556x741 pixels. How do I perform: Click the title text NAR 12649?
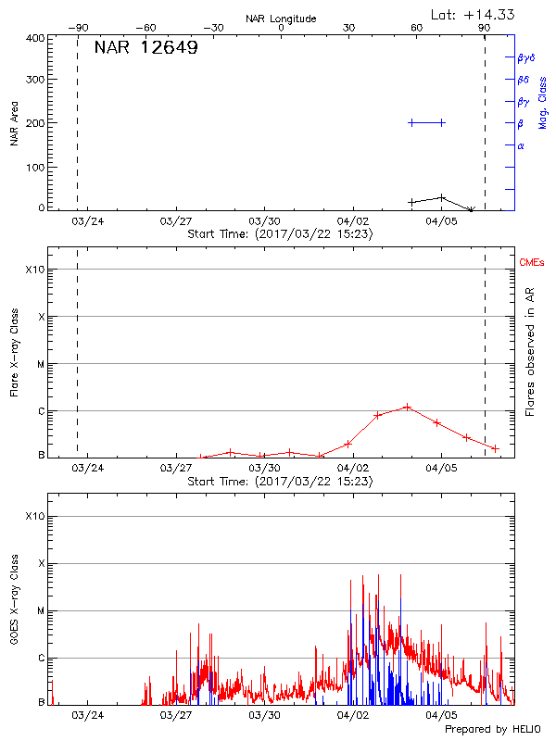click(145, 49)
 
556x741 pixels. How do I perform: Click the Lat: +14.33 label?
click(474, 14)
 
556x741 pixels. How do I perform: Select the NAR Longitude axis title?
click(281, 19)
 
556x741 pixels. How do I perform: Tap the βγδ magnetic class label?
click(525, 57)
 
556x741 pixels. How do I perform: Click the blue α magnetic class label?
click(521, 145)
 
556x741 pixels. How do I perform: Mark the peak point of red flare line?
click(407, 407)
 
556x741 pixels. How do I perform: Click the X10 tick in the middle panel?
click(34, 270)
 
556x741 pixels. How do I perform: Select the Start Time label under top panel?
click(280, 234)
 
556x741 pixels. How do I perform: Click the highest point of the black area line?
click(442, 196)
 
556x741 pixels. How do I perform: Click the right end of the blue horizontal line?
click(442, 122)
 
